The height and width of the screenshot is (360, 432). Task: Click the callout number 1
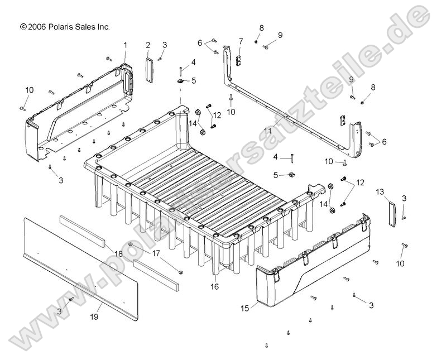click(x=125, y=45)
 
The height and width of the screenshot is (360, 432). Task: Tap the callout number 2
click(x=148, y=45)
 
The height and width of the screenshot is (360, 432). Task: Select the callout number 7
click(x=241, y=41)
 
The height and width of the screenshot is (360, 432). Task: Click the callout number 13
click(x=380, y=192)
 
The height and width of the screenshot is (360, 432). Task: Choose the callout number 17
click(x=156, y=253)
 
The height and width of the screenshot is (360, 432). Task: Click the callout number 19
click(x=94, y=317)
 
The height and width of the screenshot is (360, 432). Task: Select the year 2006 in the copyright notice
click(x=36, y=26)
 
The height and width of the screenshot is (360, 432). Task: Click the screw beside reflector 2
click(x=160, y=58)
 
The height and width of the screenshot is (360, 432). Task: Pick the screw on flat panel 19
click(x=71, y=300)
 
